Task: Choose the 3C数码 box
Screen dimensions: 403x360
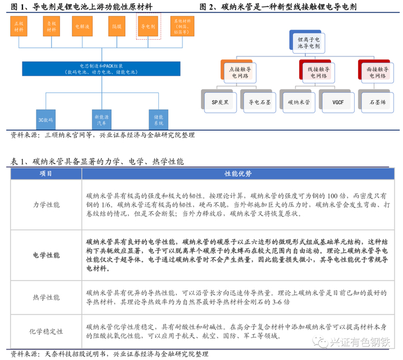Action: pyautogui.click(x=45, y=120)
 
